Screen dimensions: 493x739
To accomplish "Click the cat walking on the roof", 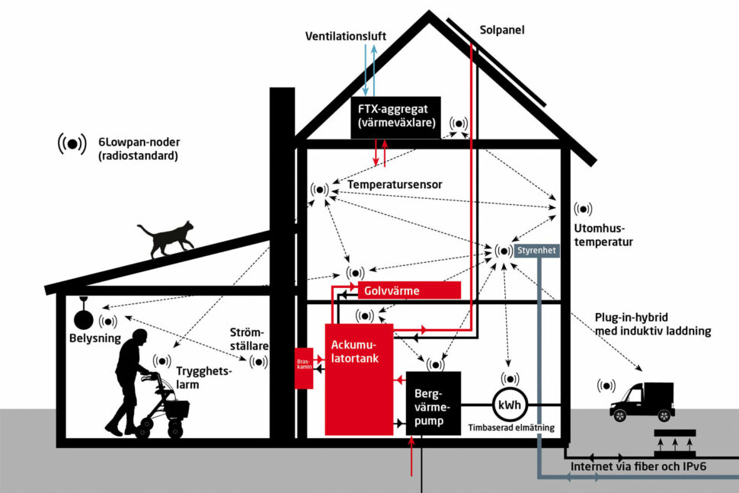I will click(165, 239).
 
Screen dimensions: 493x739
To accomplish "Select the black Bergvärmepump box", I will click(433, 404).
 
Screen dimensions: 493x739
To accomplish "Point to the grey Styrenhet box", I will click(537, 250).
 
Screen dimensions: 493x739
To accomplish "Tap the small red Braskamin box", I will click(303, 367).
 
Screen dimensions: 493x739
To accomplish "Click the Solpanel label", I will click(502, 30).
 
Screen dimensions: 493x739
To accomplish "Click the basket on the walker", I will click(177, 407).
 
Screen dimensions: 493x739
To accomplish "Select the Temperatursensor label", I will click(395, 184).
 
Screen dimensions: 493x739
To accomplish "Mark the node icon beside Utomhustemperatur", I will click(583, 209).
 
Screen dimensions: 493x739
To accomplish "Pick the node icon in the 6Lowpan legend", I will click(72, 142).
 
